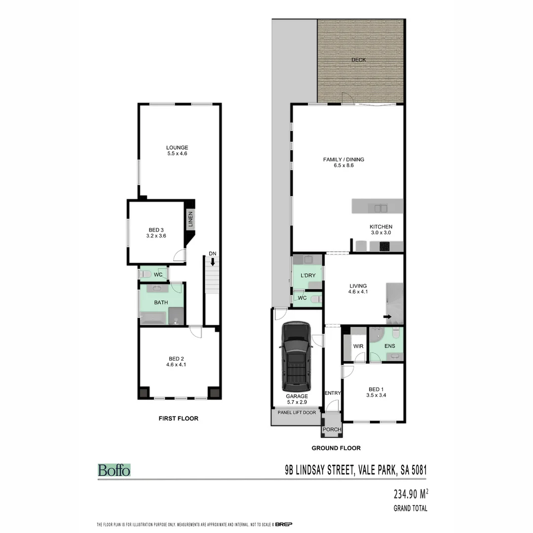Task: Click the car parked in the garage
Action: coord(296,357)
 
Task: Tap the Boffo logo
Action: coord(114,470)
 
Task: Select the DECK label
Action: coord(358,60)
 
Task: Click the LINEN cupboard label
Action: coord(190,220)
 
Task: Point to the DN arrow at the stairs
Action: coord(212,263)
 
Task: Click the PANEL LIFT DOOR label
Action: coord(297,413)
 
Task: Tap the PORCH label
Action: coord(332,429)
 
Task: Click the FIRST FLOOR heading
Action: coord(178,419)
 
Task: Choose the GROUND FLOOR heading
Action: coord(336,448)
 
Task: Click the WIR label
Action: coord(358,346)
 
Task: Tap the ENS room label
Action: coord(390,346)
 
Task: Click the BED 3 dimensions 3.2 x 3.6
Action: coord(156,236)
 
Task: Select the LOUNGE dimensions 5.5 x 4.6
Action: coord(177,153)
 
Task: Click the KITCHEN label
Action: coord(381,227)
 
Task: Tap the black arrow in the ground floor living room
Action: coord(388,317)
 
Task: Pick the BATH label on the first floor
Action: coord(161,303)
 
